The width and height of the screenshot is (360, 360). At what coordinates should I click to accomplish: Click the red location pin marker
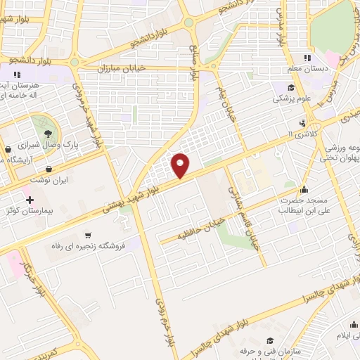pos(181,165)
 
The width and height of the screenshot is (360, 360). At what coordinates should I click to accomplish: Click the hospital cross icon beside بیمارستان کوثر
pos(30,200)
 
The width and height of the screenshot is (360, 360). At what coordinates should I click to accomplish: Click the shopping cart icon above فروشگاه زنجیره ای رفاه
pos(87,236)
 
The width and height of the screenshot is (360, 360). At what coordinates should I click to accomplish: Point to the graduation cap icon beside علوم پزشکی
pos(290,88)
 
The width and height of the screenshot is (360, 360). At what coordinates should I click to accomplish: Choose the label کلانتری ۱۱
pos(304,134)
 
